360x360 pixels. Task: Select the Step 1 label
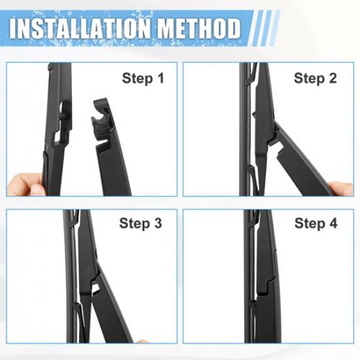(x=143, y=79)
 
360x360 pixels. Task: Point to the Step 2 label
(x=315, y=79)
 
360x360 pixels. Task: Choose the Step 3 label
(x=140, y=224)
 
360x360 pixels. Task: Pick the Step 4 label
(x=315, y=224)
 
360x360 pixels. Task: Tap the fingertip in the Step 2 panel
(x=342, y=189)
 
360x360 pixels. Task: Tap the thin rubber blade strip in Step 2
(x=243, y=131)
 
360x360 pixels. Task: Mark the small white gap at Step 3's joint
(x=96, y=286)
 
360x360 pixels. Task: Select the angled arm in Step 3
(x=115, y=314)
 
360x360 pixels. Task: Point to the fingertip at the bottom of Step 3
(x=143, y=341)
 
